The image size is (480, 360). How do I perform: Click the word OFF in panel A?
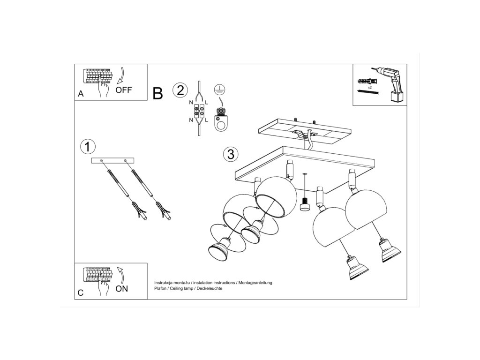124,90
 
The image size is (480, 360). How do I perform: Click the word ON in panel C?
121,289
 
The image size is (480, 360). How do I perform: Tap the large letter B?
157,93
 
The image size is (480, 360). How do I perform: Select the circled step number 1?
88,147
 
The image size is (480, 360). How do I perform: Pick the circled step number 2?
180,90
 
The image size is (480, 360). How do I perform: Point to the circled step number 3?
231,154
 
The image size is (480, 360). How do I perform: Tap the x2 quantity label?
369,88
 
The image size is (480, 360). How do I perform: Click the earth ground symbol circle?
219,89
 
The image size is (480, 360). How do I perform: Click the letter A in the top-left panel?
81,94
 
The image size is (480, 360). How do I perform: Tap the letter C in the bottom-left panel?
81,293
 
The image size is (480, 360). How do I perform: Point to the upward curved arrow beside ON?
121,275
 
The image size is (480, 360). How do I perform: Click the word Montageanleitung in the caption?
255,283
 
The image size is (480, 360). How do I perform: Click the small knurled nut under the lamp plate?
304,204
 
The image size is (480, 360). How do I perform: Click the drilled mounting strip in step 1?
112,160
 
